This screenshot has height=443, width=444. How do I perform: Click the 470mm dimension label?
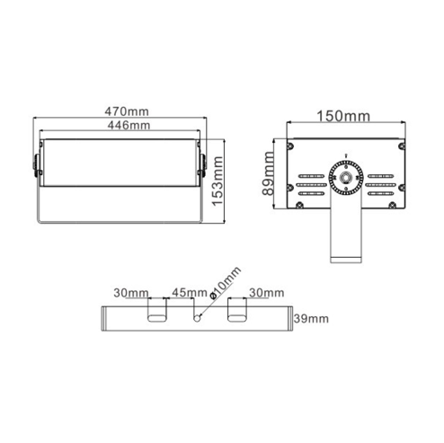(x=127, y=111)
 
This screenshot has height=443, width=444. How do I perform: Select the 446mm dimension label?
(x=129, y=125)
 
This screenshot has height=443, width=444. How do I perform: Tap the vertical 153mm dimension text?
(x=218, y=181)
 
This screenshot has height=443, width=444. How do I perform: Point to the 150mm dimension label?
(x=343, y=116)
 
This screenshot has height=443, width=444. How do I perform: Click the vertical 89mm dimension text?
(x=269, y=173)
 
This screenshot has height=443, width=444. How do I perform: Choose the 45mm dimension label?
(x=190, y=292)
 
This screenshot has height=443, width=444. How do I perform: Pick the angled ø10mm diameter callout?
(x=226, y=282)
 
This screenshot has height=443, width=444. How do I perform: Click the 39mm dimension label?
(x=311, y=318)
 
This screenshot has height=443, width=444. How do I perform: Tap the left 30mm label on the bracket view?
(x=131, y=293)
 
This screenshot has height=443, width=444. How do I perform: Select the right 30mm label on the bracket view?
(x=267, y=293)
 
